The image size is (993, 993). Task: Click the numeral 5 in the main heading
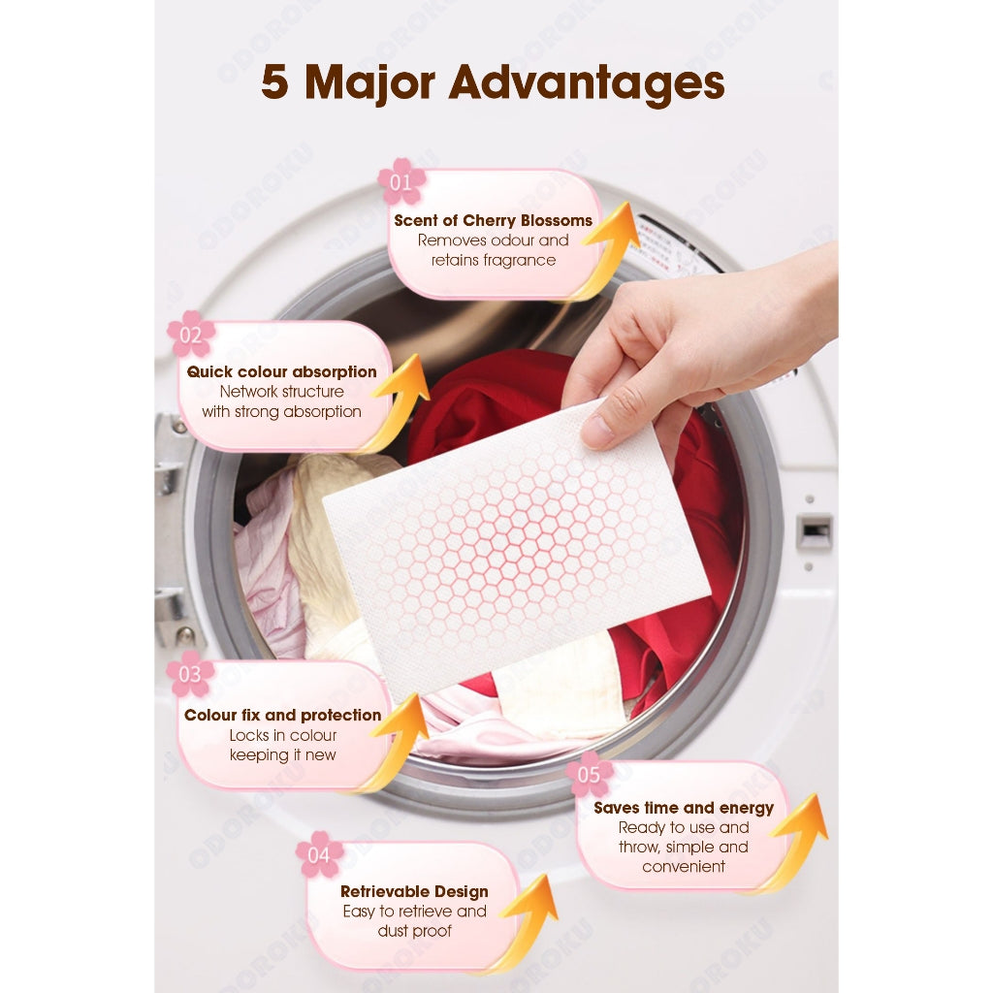275,83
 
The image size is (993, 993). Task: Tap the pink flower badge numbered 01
401,181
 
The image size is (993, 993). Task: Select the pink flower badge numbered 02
191,335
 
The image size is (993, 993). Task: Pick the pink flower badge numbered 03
190,674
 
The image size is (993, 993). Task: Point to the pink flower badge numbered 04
319,854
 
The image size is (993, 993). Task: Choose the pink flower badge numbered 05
590,774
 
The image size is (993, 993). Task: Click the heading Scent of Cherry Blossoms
493,220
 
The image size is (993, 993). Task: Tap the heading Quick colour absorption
281,371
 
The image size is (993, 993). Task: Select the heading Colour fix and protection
282,715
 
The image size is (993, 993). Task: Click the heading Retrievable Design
414,891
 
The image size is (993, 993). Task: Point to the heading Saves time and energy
684,808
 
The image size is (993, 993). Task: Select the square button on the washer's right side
814,531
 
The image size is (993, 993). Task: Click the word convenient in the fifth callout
684,866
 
